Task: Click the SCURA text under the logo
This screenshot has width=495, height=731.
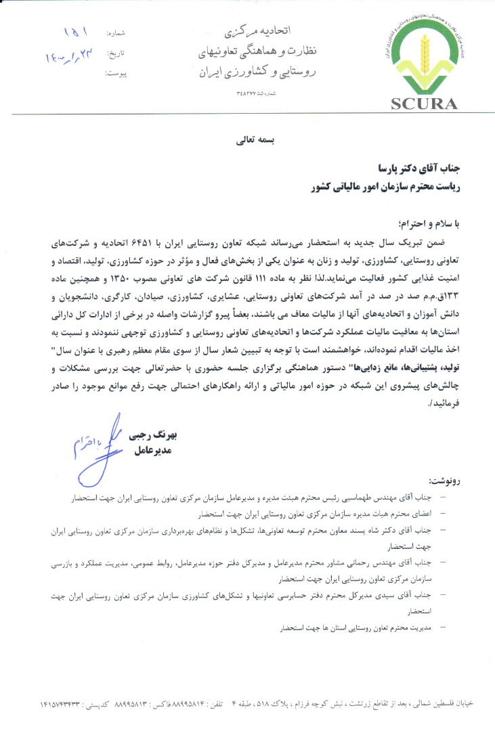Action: [x=424, y=104]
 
